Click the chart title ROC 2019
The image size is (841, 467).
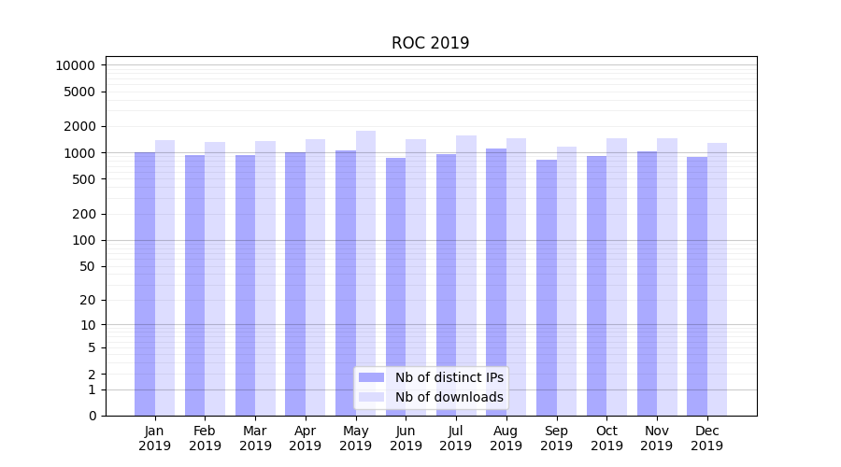tap(430, 43)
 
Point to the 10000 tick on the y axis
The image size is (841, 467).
tap(75, 65)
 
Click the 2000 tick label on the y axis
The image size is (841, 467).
tap(78, 126)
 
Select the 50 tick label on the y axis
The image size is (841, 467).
tap(85, 266)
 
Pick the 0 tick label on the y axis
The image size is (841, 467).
tap(92, 416)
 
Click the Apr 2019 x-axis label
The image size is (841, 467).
tap(306, 438)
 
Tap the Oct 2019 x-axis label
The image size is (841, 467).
tap(606, 438)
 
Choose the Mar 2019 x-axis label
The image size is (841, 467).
tap(255, 438)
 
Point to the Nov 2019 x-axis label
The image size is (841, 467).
tap(657, 438)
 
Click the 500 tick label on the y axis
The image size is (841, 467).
tap(82, 179)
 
